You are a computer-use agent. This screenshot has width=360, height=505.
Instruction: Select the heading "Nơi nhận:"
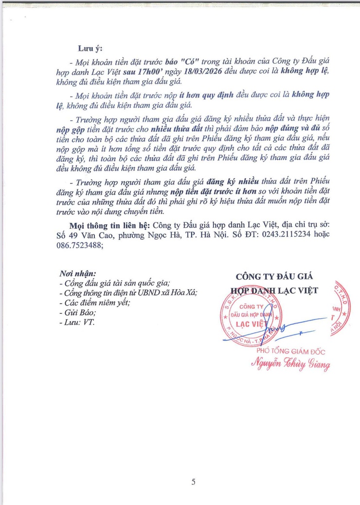tap(77, 273)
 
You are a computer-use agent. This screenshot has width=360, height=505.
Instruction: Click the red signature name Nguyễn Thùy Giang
tap(291, 363)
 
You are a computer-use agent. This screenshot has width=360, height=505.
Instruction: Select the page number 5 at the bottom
tap(193, 482)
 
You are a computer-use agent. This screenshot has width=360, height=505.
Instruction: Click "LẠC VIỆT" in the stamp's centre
tap(252, 323)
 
